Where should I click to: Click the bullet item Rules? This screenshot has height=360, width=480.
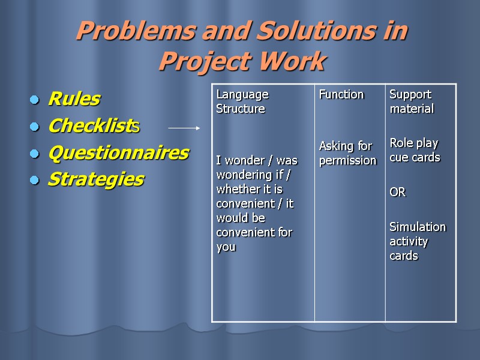tap(74, 98)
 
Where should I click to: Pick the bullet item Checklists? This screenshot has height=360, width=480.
tap(94, 126)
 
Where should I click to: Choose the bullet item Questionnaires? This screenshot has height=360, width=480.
tap(118, 153)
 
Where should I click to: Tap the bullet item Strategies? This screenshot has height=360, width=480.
tap(95, 179)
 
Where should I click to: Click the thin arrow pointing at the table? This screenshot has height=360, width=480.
tap(184, 128)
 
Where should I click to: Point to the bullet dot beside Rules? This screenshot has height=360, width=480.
tap(35, 100)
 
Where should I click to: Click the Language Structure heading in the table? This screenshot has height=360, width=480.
tap(241, 101)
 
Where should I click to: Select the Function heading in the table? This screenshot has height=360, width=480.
tap(341, 94)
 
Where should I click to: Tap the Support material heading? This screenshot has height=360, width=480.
tap(412, 101)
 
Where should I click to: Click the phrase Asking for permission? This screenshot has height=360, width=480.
tap(347, 153)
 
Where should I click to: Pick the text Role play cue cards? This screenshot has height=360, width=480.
tap(415, 150)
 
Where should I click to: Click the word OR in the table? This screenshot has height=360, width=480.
tap(397, 192)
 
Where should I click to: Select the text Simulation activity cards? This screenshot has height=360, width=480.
tap(418, 241)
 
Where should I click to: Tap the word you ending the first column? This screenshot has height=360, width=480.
tap(226, 247)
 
